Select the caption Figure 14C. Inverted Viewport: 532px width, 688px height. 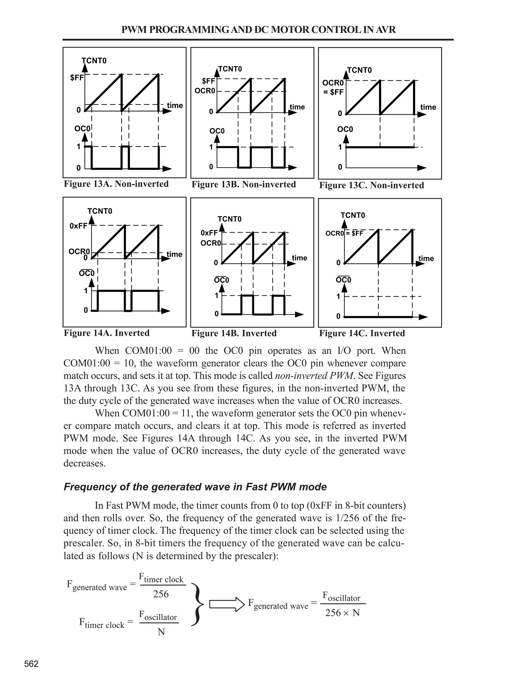click(x=362, y=333)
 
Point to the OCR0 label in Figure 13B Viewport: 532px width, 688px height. click(x=205, y=91)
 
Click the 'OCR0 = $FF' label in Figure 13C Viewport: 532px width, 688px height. click(x=333, y=87)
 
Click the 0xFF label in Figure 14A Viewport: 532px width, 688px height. click(x=78, y=226)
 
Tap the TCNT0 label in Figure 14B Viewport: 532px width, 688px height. click(x=229, y=219)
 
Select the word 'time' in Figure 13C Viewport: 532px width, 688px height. click(x=428, y=107)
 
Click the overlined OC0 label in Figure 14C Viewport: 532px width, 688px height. click(x=343, y=280)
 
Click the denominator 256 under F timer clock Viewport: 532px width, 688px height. click(x=161, y=594)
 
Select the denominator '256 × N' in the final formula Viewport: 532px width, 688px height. click(x=343, y=613)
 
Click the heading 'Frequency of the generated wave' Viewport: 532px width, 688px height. click(x=195, y=487)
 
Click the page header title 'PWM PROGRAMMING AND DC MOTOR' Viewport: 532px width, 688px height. click(x=258, y=30)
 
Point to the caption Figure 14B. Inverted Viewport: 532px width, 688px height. click(x=234, y=333)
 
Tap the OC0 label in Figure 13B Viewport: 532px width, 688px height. click(x=217, y=131)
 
